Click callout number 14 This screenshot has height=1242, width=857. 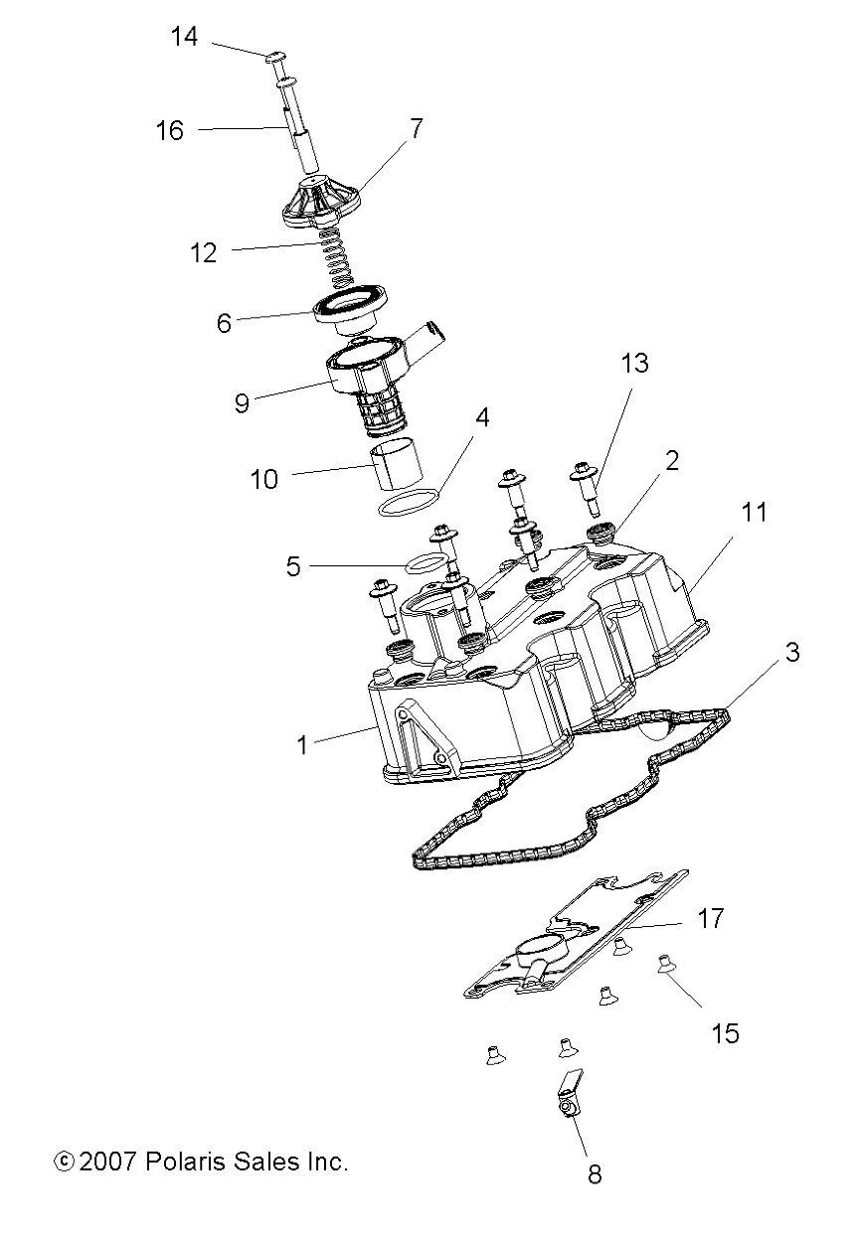click(184, 38)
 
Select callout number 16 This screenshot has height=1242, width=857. click(170, 130)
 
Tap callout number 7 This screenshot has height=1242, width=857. click(416, 128)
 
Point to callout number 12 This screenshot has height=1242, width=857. click(203, 252)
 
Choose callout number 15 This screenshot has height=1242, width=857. click(726, 1033)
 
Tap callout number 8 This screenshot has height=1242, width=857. click(595, 1174)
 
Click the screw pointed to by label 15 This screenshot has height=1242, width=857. click(664, 963)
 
